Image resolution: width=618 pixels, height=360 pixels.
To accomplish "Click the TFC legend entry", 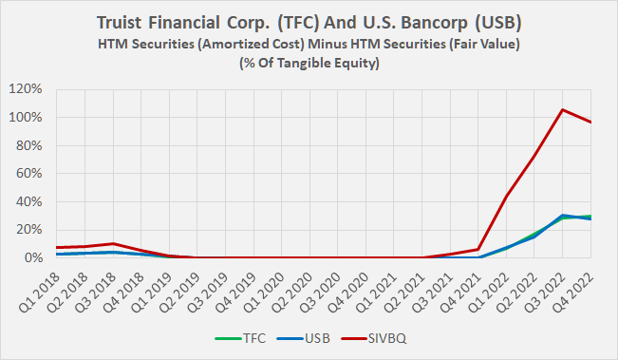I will pos(255,335).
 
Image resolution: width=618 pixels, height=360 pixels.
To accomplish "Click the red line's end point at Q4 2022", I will pos(590,123).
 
